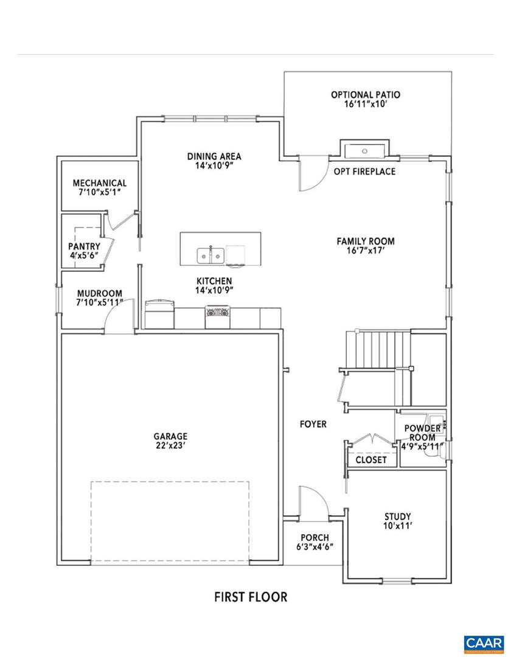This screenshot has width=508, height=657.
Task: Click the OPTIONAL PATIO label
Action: pos(365,95)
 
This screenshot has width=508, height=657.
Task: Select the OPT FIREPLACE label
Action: pos(364,172)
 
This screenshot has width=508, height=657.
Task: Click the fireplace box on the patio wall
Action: pos(364,149)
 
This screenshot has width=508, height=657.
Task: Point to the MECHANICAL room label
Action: pos(100,183)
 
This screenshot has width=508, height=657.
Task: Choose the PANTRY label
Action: pos(84,246)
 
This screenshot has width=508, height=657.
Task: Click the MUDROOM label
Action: pos(99,293)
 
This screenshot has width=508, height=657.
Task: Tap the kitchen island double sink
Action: pos(210,255)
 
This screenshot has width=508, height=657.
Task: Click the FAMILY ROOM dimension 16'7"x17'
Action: pos(366,250)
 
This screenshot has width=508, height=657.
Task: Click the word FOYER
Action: pos(313,424)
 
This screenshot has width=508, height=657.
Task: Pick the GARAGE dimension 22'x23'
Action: pos(170,446)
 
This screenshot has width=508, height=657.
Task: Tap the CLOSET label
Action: pos(371,460)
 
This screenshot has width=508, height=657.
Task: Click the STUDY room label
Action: pos(397,517)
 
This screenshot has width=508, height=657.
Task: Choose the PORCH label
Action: pos(315,538)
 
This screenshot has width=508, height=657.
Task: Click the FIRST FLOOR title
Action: pos(250,597)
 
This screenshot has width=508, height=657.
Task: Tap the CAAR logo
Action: pos(483,643)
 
